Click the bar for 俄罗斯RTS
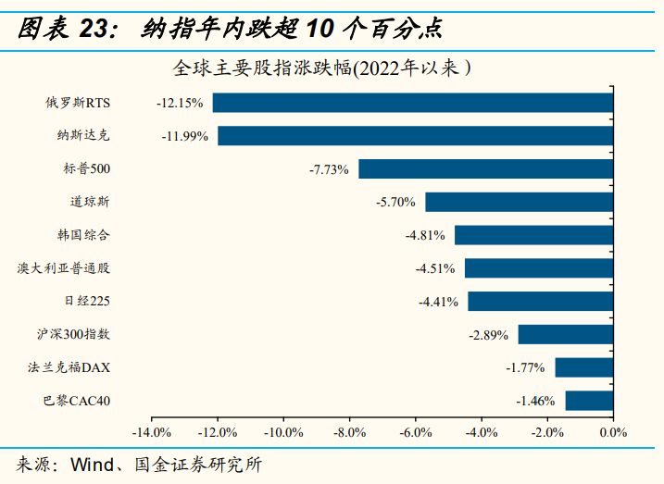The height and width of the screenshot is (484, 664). [413, 103]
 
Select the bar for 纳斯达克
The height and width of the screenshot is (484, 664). [415, 136]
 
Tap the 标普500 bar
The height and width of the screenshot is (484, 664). [485, 169]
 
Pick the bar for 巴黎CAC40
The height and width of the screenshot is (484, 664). [589, 401]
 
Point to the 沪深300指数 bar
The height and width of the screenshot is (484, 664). [565, 334]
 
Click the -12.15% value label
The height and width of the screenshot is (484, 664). [180, 103]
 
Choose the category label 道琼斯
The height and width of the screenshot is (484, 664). [90, 202]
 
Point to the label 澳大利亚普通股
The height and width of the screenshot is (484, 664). [64, 268]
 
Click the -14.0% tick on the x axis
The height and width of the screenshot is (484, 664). [151, 432]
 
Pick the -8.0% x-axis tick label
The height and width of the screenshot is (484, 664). [349, 432]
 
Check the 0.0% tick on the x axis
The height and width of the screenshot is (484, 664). [613, 432]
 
